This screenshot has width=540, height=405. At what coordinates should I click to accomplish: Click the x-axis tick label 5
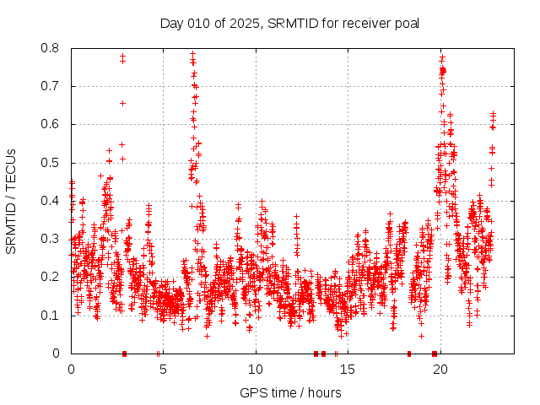coord(163,369)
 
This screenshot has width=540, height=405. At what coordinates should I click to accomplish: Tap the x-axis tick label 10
coord(255,369)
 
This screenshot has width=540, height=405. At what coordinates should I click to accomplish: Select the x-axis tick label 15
coord(347,369)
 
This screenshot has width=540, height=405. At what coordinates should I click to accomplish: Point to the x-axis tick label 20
coord(439,369)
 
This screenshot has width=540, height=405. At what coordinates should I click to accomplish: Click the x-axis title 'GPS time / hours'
coord(290,392)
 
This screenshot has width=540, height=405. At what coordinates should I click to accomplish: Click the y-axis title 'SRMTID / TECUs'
coord(12,201)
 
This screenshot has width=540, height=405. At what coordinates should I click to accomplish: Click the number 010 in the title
coord(197,22)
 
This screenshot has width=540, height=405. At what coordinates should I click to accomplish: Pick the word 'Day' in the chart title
coord(172,22)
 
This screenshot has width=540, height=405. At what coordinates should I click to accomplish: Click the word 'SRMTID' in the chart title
coord(291,22)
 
